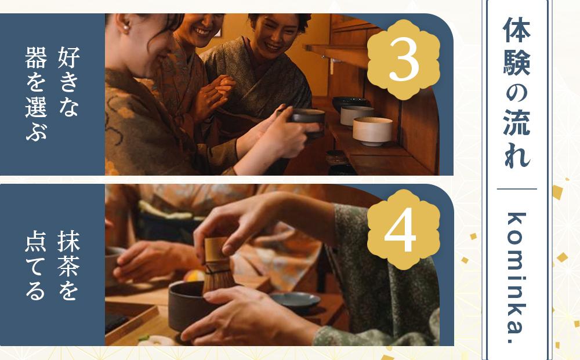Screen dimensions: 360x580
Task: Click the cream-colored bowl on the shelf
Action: coord(372,130)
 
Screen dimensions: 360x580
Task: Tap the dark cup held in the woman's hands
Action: coord(308,121)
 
